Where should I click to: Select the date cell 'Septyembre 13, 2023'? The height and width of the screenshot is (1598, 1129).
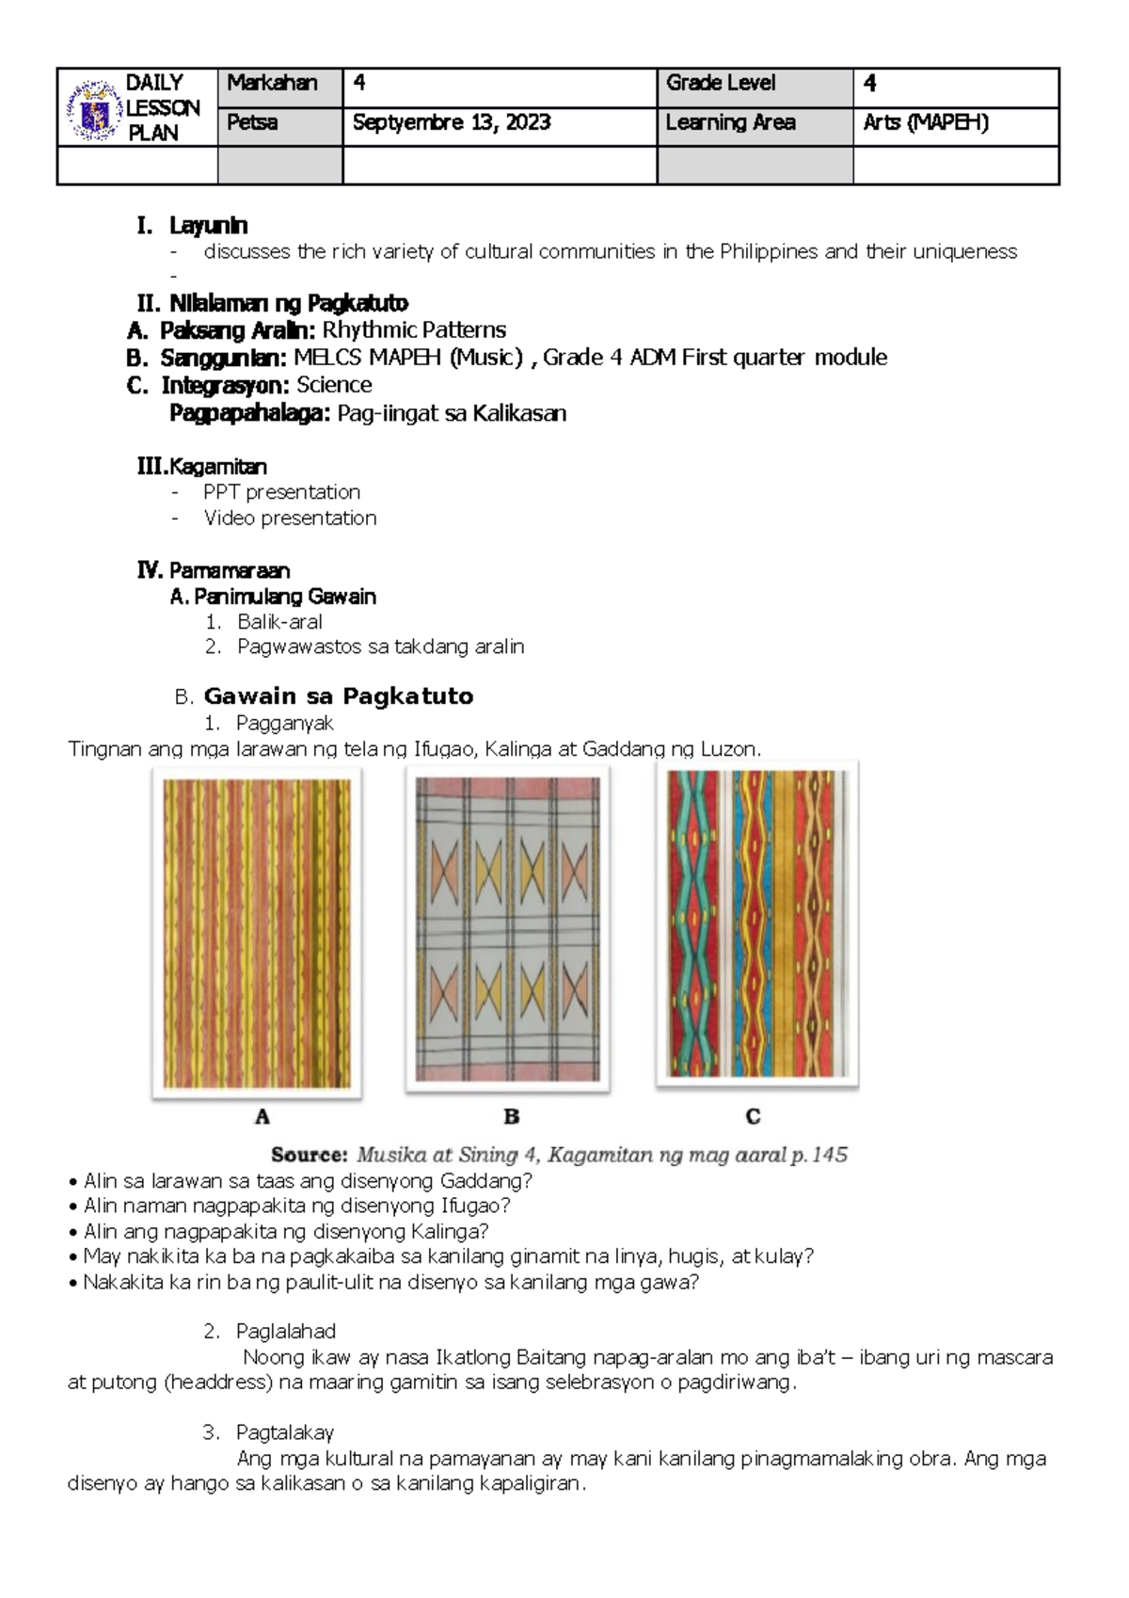[x=451, y=123]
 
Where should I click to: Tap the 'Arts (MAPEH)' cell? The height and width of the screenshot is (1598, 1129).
[x=925, y=123]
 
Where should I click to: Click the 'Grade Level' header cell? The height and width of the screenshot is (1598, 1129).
[x=721, y=84]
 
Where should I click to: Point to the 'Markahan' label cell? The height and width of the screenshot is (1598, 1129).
[x=272, y=84]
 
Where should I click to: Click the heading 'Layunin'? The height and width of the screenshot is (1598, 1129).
[x=208, y=226]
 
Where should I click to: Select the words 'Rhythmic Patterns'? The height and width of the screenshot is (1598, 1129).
[x=414, y=330]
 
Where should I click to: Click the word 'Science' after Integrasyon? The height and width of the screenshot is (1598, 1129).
[x=334, y=385]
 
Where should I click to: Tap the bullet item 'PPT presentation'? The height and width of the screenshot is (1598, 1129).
[x=281, y=492]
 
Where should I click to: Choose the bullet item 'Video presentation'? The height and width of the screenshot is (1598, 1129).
[x=290, y=519]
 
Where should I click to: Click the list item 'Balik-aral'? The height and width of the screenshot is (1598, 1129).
[x=279, y=622]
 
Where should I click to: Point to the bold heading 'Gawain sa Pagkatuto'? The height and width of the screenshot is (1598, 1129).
[x=339, y=696]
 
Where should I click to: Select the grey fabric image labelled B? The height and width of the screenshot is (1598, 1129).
[x=508, y=928]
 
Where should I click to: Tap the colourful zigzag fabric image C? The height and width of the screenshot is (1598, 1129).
[x=757, y=924]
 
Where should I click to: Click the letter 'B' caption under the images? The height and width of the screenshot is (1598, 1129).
[x=512, y=1117]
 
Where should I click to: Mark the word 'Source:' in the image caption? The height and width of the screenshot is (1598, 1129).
[x=310, y=1155]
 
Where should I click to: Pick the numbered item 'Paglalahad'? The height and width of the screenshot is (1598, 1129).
[x=285, y=1332]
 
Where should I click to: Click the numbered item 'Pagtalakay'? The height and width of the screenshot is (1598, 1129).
[x=285, y=1433]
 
